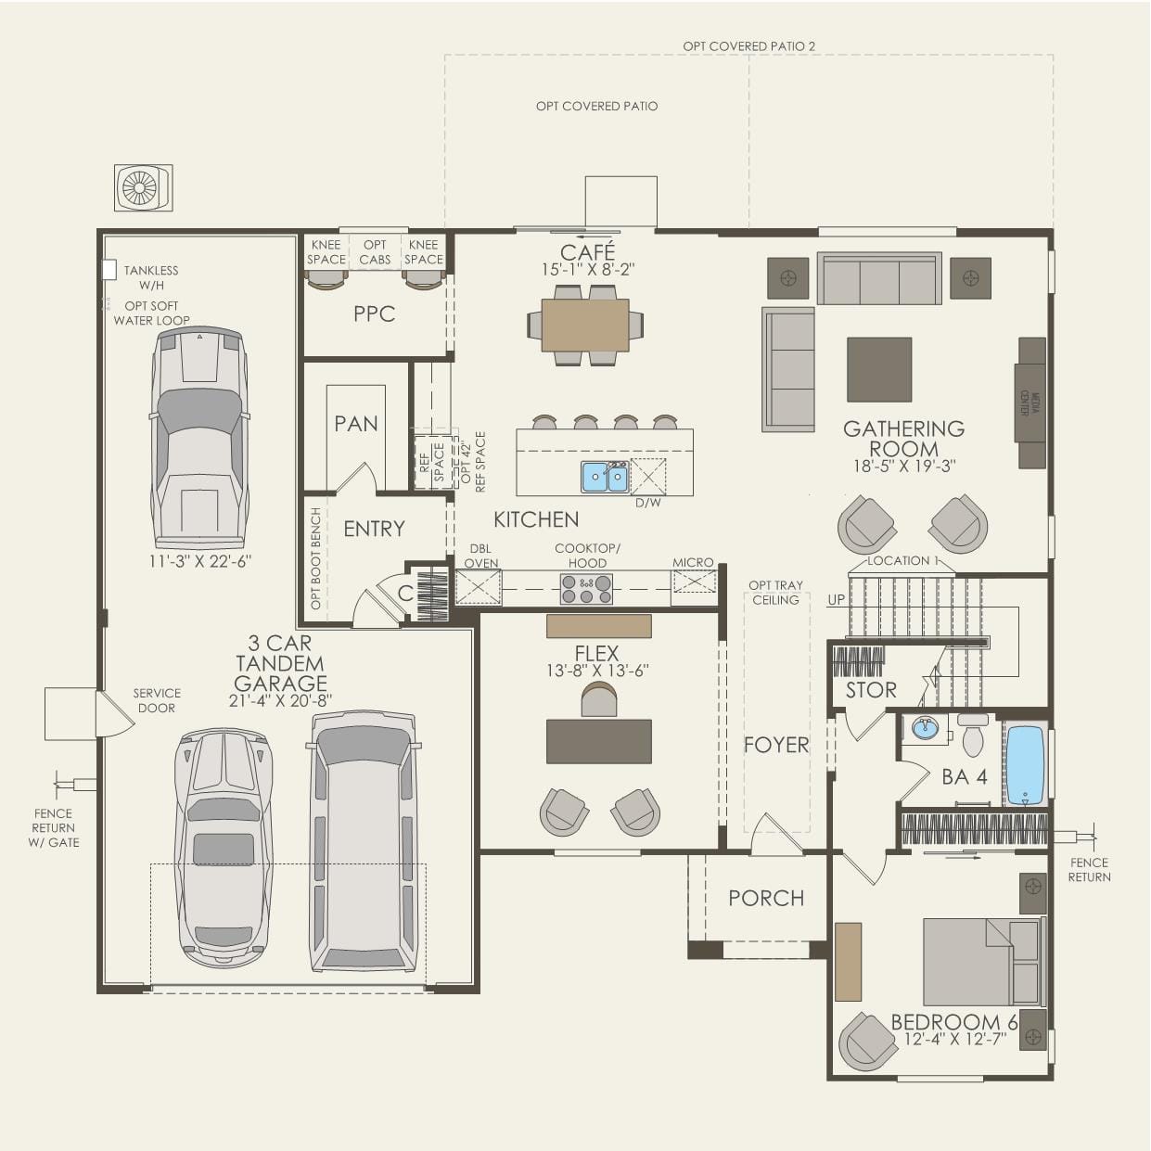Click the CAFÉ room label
[x=587, y=251]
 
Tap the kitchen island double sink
[x=605, y=477]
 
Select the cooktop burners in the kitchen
[x=586, y=588]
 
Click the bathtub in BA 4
[x=1025, y=764]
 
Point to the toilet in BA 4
[x=973, y=736]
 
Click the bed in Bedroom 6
[x=982, y=962]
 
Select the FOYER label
[x=776, y=745]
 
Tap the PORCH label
[x=766, y=898]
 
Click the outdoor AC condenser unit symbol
[x=143, y=187]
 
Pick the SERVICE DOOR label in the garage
[x=157, y=700]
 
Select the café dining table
[x=585, y=325]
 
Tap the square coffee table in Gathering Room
[x=878, y=369]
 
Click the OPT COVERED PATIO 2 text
[x=748, y=45]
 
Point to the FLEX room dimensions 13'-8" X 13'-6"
[x=596, y=671]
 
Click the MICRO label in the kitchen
[x=693, y=562]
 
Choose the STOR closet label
[x=871, y=690]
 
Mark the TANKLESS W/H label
[x=151, y=277]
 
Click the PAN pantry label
[x=356, y=424]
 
